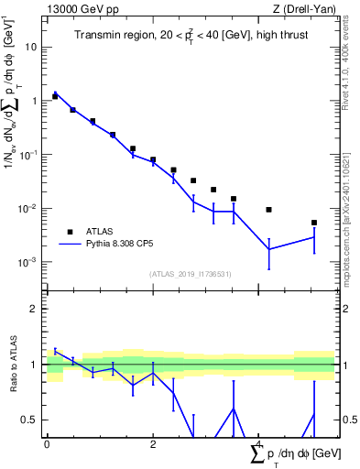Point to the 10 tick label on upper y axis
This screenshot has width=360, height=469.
click(31, 47)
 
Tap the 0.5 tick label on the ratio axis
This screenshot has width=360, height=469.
click(30, 420)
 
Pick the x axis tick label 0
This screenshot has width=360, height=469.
click(47, 442)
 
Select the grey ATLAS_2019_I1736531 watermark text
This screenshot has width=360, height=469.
click(190, 274)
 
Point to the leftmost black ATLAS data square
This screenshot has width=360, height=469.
click(55, 96)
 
